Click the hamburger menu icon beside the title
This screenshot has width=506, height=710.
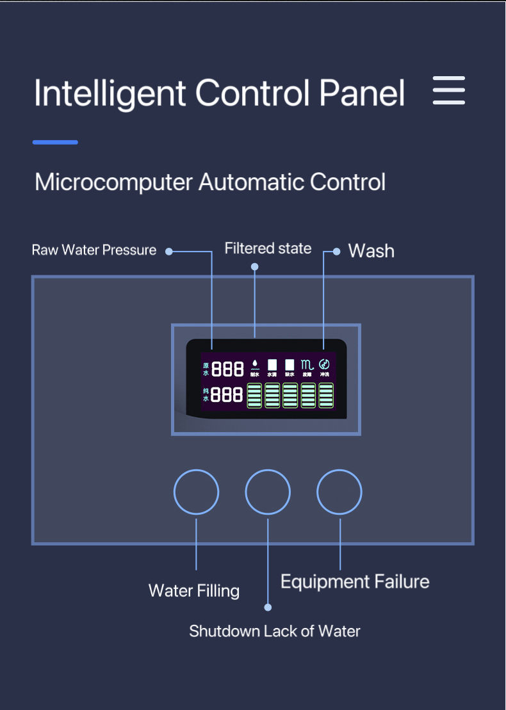448,90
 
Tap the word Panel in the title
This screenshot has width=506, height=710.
362,93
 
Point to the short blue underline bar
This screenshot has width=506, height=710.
55,142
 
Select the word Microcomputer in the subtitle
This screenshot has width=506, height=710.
113,182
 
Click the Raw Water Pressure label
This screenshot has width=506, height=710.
94,250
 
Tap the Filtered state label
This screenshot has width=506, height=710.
268,248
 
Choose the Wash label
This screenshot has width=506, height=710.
371,251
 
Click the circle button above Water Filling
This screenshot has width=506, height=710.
196,492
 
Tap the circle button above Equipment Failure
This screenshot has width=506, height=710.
339,492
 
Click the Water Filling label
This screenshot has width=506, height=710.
194,590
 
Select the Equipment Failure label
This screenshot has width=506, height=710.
355,582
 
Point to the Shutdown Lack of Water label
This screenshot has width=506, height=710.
274,631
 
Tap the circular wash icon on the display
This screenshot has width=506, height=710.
324,363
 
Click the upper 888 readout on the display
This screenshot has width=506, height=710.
228,369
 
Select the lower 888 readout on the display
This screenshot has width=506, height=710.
227,395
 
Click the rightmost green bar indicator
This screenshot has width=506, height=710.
326,396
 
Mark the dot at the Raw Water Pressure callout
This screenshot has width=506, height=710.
169,252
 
